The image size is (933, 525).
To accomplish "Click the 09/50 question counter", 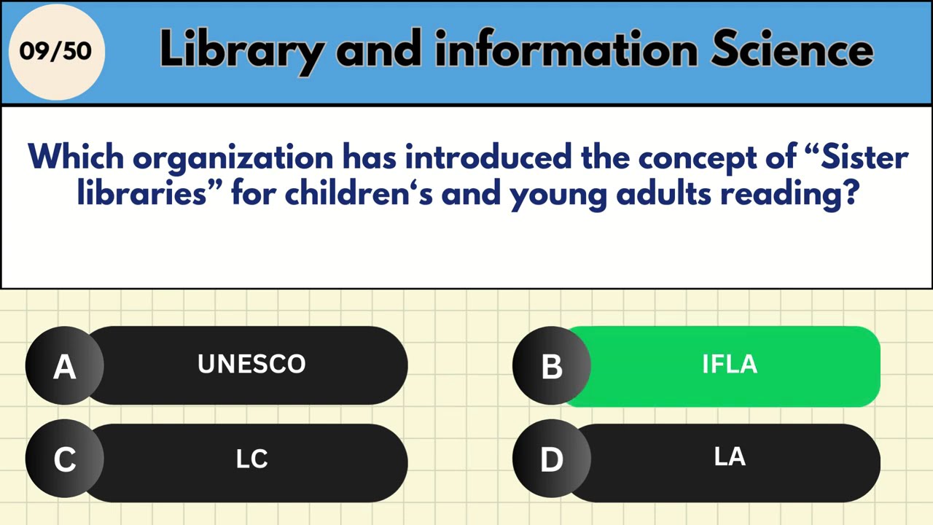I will [x=55, y=52].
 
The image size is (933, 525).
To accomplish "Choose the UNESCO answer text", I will [x=251, y=365].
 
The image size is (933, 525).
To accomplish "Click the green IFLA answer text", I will [x=730, y=365].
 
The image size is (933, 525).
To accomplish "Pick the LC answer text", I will [x=251, y=459].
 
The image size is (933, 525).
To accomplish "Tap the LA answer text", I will [x=730, y=457].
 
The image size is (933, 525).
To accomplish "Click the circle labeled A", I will [x=64, y=366].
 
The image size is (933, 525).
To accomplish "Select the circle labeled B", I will [x=552, y=366].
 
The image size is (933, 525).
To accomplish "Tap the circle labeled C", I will [x=64, y=460].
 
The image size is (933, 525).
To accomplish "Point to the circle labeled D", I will [x=552, y=460].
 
